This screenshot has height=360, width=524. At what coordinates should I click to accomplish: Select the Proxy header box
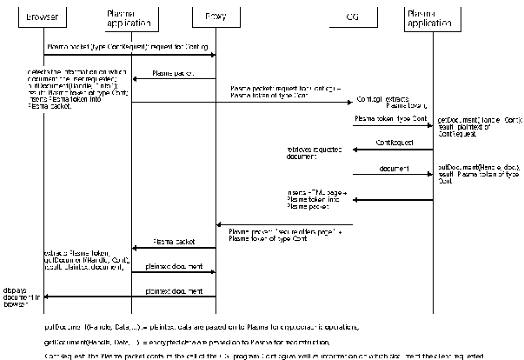pos(216,17)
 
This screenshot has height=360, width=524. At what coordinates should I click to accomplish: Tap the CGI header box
pos(352,17)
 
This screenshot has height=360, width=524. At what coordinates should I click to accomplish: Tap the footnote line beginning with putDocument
pos(200,326)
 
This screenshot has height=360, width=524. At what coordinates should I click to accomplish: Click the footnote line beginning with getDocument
pos(199,342)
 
